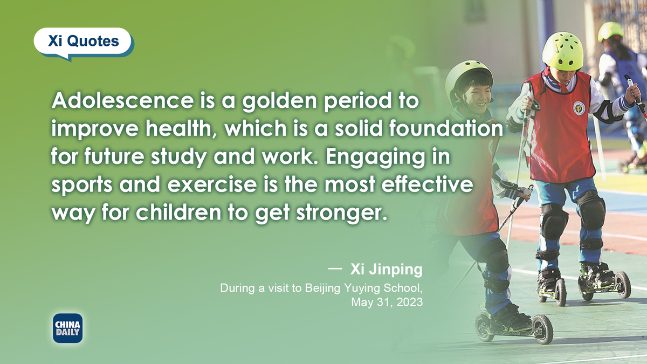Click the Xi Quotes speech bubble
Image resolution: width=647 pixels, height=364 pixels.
(x=83, y=42)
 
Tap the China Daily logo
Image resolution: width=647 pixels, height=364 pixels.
(x=67, y=328)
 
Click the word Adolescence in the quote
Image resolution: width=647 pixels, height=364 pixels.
(x=123, y=100)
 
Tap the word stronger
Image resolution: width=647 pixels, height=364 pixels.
(x=341, y=214)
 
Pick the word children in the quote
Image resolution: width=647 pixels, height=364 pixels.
(x=178, y=212)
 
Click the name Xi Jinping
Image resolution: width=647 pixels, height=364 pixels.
(x=386, y=269)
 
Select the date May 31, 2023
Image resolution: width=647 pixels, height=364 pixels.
(x=387, y=302)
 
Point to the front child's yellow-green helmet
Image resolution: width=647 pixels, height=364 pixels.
(x=562, y=51)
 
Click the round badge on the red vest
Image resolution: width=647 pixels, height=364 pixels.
(x=579, y=108)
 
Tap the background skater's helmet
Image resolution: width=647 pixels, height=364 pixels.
(x=610, y=31)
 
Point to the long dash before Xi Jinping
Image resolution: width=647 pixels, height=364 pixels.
(x=335, y=269)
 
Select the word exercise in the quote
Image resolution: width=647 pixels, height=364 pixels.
(x=212, y=184)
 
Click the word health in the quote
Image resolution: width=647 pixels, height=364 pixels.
(x=181, y=128)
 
